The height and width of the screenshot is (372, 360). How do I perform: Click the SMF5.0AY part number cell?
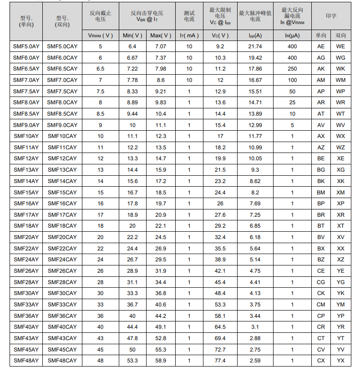[26, 46]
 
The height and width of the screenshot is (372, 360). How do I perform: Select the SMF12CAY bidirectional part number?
[62, 158]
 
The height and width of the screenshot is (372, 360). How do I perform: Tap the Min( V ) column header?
[132, 36]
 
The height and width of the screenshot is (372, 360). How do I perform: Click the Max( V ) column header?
[161, 36]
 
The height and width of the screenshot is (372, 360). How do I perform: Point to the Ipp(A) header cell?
[255, 36]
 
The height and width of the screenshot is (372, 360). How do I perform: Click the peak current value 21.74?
[255, 46]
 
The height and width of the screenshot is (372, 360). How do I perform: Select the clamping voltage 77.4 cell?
[220, 361]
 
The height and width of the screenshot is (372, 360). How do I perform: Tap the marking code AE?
[321, 46]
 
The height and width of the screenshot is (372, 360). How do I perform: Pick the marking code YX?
[340, 361]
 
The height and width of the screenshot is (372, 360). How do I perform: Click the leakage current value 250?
[292, 69]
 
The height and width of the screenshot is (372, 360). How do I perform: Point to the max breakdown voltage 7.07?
[161, 46]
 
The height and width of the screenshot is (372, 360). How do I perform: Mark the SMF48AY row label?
[26, 361]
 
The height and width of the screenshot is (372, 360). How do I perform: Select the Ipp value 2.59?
[255, 361]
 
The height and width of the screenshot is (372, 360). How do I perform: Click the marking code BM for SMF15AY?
[321, 192]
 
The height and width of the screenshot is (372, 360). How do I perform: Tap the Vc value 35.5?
[220, 249]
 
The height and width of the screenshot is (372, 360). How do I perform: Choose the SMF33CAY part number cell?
[62, 305]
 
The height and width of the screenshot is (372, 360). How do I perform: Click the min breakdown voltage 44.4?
[132, 327]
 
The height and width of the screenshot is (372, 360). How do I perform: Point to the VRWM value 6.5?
[100, 69]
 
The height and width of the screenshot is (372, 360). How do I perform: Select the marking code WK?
[340, 69]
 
